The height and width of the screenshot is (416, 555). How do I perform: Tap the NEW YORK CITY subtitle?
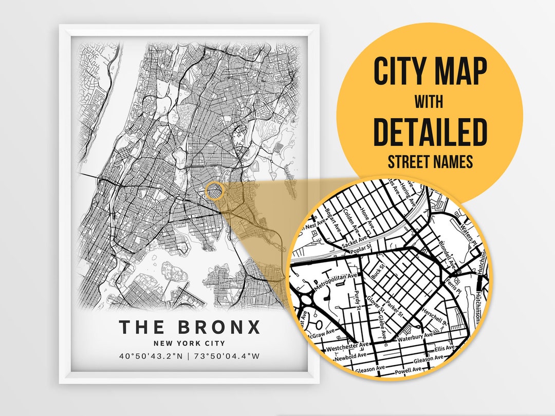(x=189, y=343)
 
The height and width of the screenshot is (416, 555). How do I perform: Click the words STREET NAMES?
(x=430, y=162)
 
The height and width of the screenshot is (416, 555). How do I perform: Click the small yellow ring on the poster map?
(x=215, y=191)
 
